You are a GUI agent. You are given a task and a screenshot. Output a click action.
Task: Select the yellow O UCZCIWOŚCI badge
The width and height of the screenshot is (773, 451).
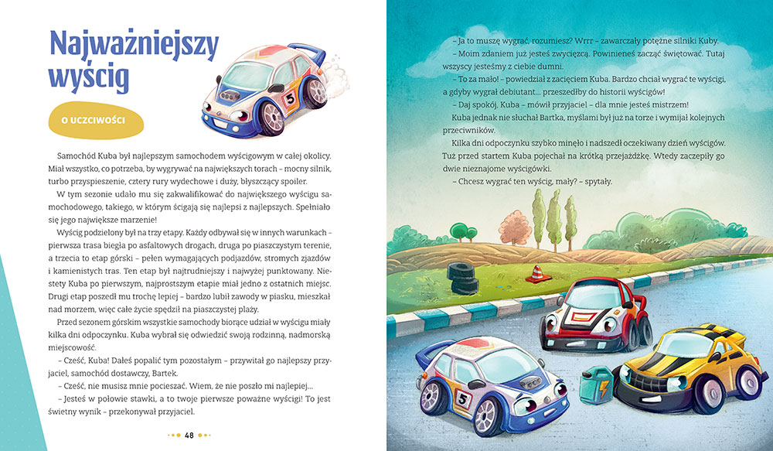tap(97, 120)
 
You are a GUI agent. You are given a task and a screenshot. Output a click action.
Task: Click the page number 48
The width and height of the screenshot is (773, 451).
tap(189, 435)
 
